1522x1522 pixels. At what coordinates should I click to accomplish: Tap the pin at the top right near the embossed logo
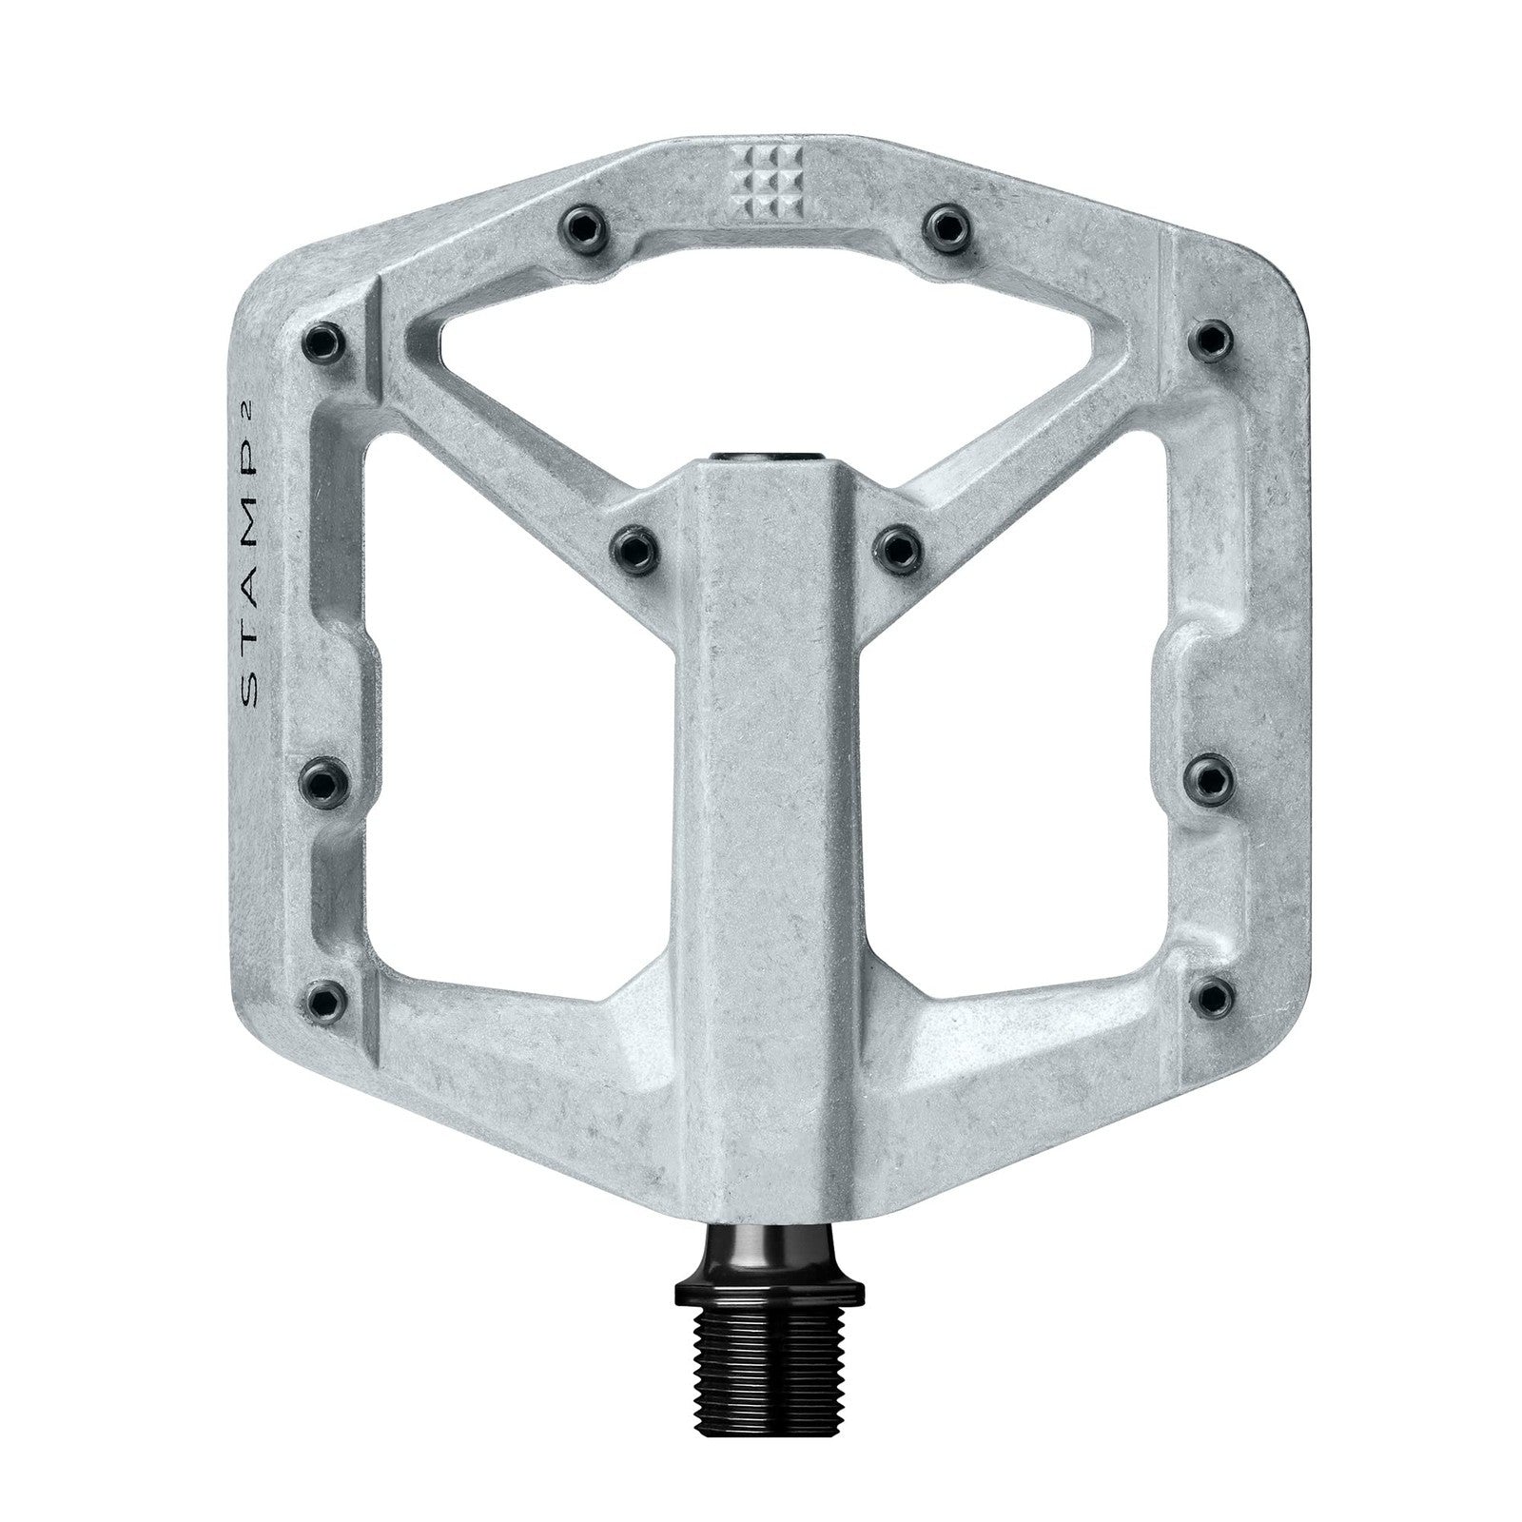(946, 224)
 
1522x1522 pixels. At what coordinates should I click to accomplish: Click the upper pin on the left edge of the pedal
(322, 339)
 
